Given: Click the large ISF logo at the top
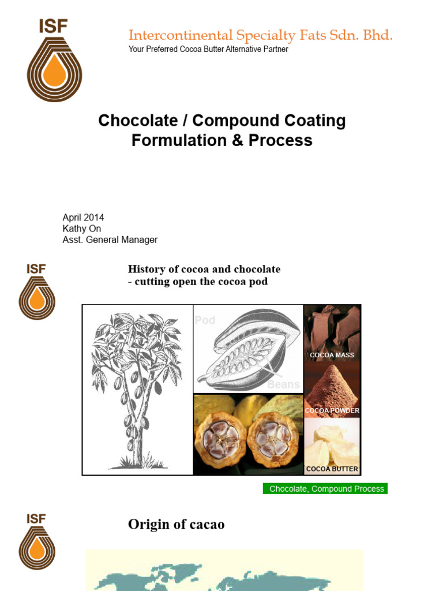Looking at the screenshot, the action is coord(54,60).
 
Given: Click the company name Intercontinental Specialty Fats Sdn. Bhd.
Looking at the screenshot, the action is coord(260,35).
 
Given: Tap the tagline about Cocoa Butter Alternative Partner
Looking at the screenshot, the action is coord(208,49).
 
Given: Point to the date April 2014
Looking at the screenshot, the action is coord(83,218).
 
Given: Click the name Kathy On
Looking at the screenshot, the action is coord(81,229).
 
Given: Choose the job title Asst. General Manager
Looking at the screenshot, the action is coord(110,240).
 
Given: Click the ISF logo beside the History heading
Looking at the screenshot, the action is coord(36,291).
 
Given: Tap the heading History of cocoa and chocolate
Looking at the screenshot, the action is coord(204,269).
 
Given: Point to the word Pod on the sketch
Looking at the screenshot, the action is coord(205,320).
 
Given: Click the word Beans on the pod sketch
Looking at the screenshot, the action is coord(284,384).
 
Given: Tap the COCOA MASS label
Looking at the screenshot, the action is coord(332,356).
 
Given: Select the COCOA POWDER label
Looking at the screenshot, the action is coord(332,410).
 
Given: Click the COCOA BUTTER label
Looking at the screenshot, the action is coord(332,469).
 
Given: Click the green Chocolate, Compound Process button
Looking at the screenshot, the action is coord(326,489).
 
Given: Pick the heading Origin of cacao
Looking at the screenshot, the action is coord(176,524).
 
